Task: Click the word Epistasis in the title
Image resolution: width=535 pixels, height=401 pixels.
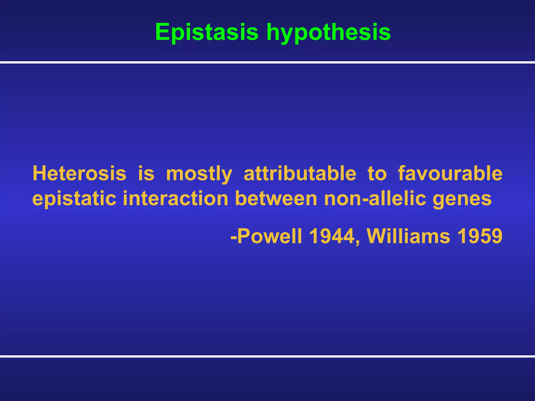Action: (207, 32)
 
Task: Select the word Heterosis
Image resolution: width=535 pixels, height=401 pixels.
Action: (79, 173)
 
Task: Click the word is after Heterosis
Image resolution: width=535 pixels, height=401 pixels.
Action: (146, 173)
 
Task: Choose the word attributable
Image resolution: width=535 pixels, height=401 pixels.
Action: (300, 173)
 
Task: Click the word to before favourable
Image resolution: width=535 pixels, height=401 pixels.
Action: (377, 173)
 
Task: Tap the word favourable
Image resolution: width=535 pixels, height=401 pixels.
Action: (450, 173)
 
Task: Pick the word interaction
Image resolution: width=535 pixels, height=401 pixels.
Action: (176, 198)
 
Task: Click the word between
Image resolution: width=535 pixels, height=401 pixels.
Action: (276, 198)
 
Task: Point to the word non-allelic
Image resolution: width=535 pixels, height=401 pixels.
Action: (375, 198)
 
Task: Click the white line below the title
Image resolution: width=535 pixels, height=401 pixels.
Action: (267, 62)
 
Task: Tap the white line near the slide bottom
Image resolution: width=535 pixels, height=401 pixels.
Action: (267, 356)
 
